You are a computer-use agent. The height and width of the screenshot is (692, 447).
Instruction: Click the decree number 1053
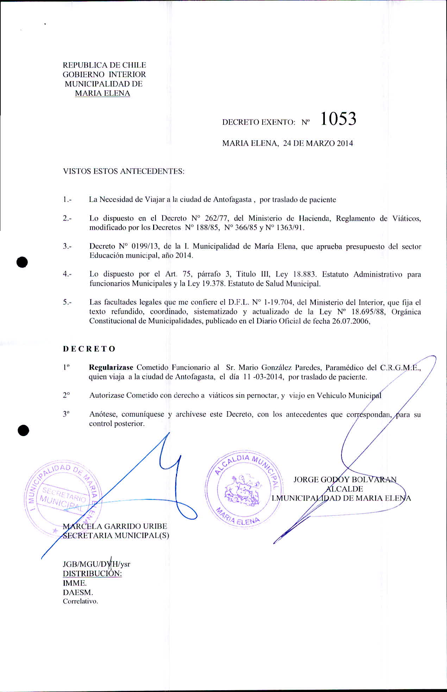pyautogui.click(x=338, y=119)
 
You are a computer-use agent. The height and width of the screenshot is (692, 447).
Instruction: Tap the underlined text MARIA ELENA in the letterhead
pyautogui.click(x=102, y=93)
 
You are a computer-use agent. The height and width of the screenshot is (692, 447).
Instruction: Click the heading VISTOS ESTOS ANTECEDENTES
pyautogui.click(x=124, y=171)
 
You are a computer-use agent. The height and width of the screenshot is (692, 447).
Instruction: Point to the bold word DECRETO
pyautogui.click(x=89, y=349)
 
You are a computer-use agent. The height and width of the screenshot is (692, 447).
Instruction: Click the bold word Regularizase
pyautogui.click(x=111, y=367)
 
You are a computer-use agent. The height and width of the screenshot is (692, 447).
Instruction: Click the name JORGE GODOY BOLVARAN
pyautogui.click(x=345, y=479)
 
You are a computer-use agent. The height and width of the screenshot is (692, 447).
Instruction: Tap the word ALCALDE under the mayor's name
pyautogui.click(x=345, y=489)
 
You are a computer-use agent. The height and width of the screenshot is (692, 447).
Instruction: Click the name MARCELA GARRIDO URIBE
pyautogui.click(x=115, y=526)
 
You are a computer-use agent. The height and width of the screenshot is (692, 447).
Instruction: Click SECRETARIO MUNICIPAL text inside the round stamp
pyautogui.click(x=63, y=496)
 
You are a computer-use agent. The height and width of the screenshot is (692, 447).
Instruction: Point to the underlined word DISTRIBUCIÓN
pyautogui.click(x=92, y=573)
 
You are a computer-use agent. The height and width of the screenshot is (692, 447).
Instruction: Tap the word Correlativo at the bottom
pyautogui.click(x=80, y=601)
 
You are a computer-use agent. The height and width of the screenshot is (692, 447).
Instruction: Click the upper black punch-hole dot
pyautogui.click(x=23, y=262)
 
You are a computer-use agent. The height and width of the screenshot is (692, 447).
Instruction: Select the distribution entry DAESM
pyautogui.click(x=77, y=592)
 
